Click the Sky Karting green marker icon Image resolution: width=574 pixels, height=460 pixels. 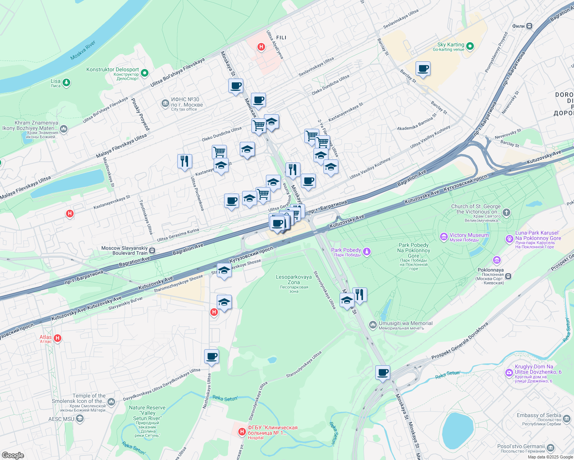(x=470, y=47)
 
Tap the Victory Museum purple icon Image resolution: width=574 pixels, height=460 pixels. (x=444, y=237)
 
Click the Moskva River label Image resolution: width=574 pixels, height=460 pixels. (x=82, y=51)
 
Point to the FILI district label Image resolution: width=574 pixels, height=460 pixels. (x=281, y=38)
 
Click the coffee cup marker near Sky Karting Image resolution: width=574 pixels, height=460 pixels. (x=423, y=69)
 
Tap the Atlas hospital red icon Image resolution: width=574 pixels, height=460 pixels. (x=58, y=338)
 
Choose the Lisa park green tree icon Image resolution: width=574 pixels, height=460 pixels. (x=66, y=83)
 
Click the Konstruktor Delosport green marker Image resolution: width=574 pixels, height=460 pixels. (x=145, y=72)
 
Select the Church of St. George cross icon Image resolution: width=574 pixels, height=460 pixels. (x=506, y=213)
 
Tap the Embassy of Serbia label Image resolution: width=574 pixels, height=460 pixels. (x=538, y=415)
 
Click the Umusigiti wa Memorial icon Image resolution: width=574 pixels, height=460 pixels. (x=373, y=325)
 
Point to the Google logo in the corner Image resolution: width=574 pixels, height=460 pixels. (x=13, y=455)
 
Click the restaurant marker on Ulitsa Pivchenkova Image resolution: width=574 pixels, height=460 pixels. (x=185, y=161)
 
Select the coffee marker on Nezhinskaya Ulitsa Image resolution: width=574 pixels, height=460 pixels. (x=211, y=356)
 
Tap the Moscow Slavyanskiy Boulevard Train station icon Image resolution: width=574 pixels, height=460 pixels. (x=152, y=251)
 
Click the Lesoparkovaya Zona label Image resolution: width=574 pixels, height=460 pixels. (x=294, y=279)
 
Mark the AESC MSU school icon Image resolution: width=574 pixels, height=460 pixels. (x=80, y=419)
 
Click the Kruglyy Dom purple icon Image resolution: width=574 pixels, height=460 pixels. (x=509, y=372)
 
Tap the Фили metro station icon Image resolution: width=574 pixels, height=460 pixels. (x=529, y=26)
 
